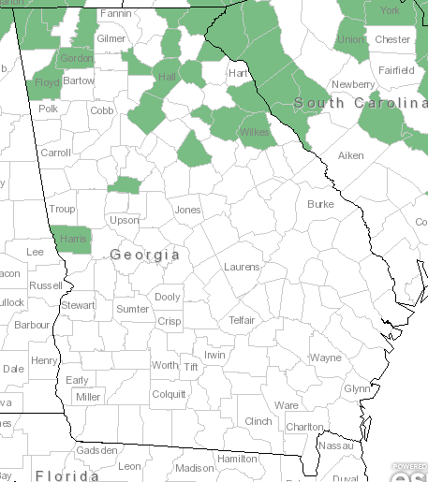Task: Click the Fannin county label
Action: coord(115,14)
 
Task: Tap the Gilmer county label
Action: coord(111,38)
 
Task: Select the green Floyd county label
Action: coord(48,82)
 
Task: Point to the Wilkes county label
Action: coord(254,132)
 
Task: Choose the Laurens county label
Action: coord(242,267)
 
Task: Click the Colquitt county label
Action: coord(169,394)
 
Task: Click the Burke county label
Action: coord(320,203)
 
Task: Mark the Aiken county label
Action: coord(349,154)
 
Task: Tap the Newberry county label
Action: coord(352,84)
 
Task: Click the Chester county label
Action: coord(392,39)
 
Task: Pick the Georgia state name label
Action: coord(144,255)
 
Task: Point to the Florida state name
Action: coord(67,475)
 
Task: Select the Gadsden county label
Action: coord(97,450)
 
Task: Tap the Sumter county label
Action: coord(132,309)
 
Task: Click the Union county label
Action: coord(351,40)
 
